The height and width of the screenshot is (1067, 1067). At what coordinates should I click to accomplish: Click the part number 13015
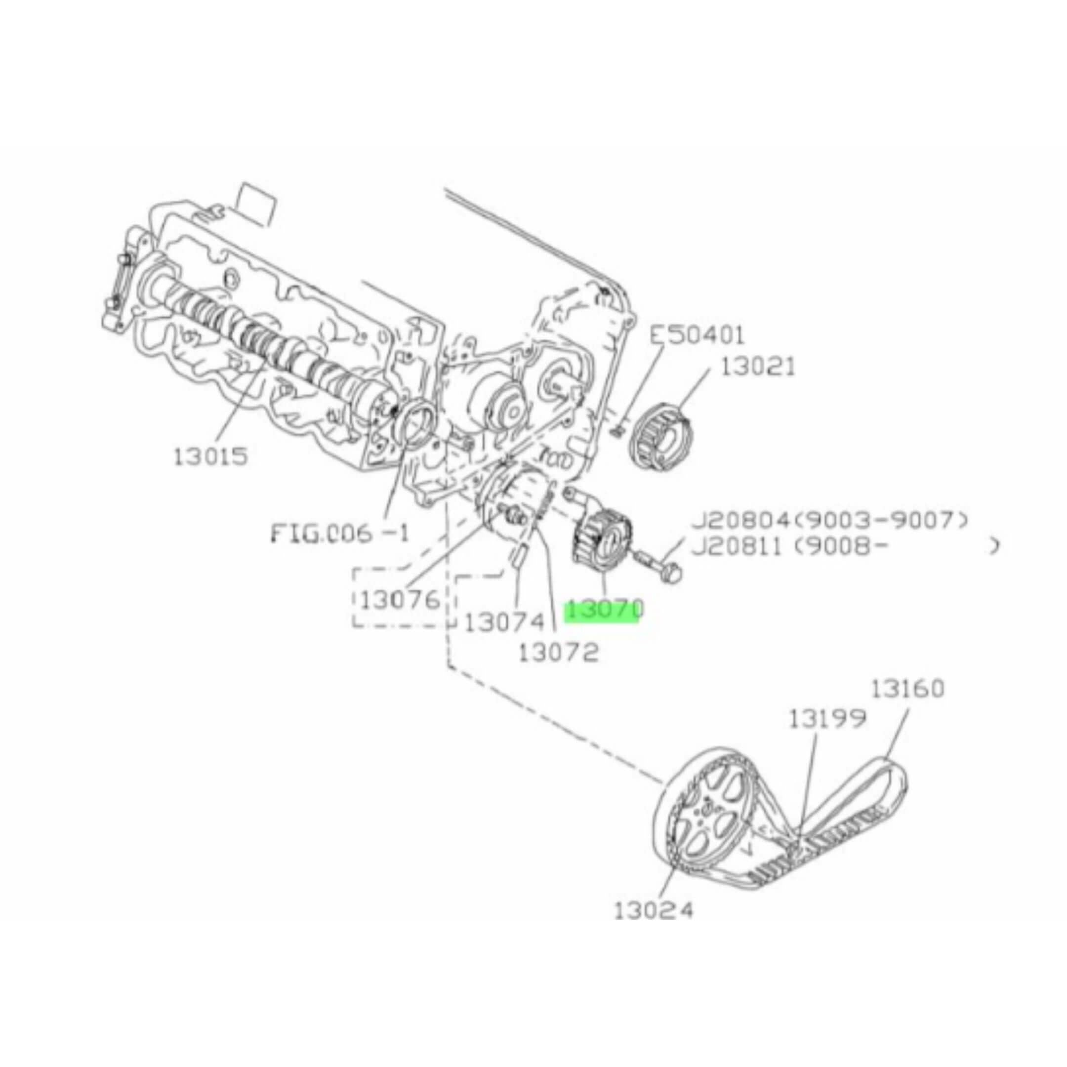point(210,457)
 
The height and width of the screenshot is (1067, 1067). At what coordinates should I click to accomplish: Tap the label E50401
point(697,335)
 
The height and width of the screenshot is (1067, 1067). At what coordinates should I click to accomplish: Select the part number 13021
point(758,366)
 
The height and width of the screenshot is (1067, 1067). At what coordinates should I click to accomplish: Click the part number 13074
point(504,623)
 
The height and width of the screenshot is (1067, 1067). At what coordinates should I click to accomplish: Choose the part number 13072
point(558,654)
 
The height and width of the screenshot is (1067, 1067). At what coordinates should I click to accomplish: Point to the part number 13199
point(827,719)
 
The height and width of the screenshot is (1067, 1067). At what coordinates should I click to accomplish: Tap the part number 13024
point(654,910)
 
